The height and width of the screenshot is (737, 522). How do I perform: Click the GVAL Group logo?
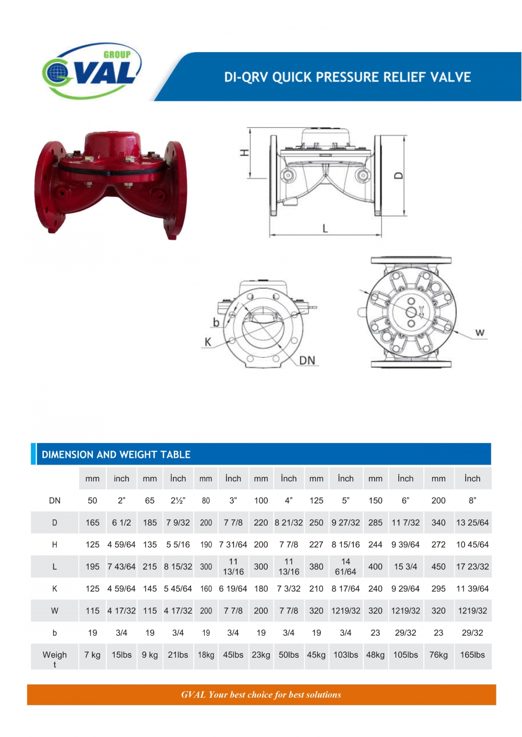[92, 70]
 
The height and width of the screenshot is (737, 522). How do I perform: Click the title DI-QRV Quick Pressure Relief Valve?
[347, 77]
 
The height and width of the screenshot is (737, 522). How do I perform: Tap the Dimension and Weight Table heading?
[116, 455]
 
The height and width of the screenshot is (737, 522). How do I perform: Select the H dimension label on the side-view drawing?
[244, 152]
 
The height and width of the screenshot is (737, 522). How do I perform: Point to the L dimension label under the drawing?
[325, 228]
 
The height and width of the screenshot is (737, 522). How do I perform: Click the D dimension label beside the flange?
[398, 175]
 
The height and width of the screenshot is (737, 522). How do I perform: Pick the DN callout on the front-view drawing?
[307, 361]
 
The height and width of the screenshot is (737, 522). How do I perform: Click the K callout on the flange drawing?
[208, 342]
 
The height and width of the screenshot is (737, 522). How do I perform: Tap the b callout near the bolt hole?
[216, 322]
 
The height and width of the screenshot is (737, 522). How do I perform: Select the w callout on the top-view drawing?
[480, 332]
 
